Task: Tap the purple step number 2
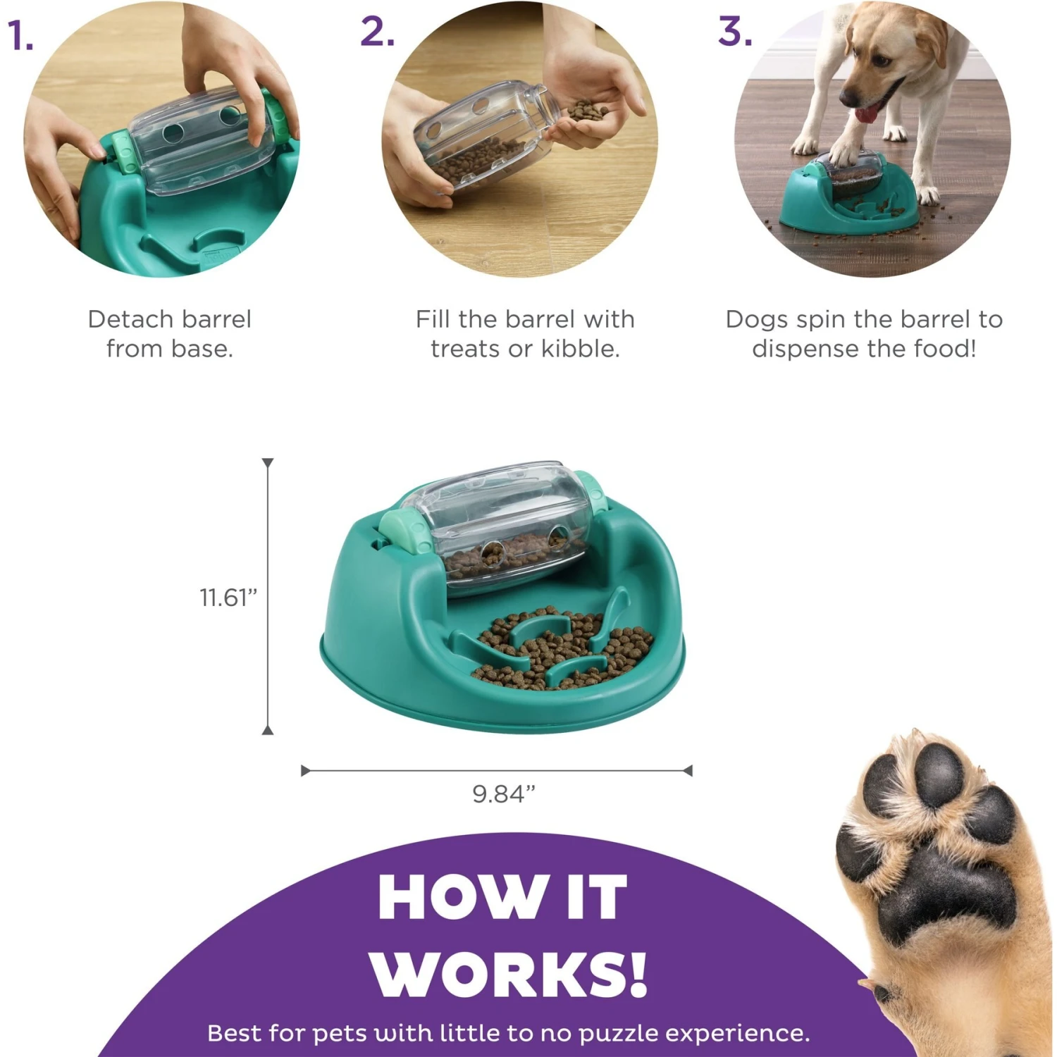(x=377, y=32)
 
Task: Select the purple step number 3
(x=735, y=32)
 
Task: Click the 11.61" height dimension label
(x=228, y=598)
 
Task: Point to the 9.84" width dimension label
(x=503, y=794)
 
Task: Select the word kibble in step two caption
(x=580, y=349)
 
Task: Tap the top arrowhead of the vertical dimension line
(x=268, y=463)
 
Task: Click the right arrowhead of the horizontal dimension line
(x=688, y=771)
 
